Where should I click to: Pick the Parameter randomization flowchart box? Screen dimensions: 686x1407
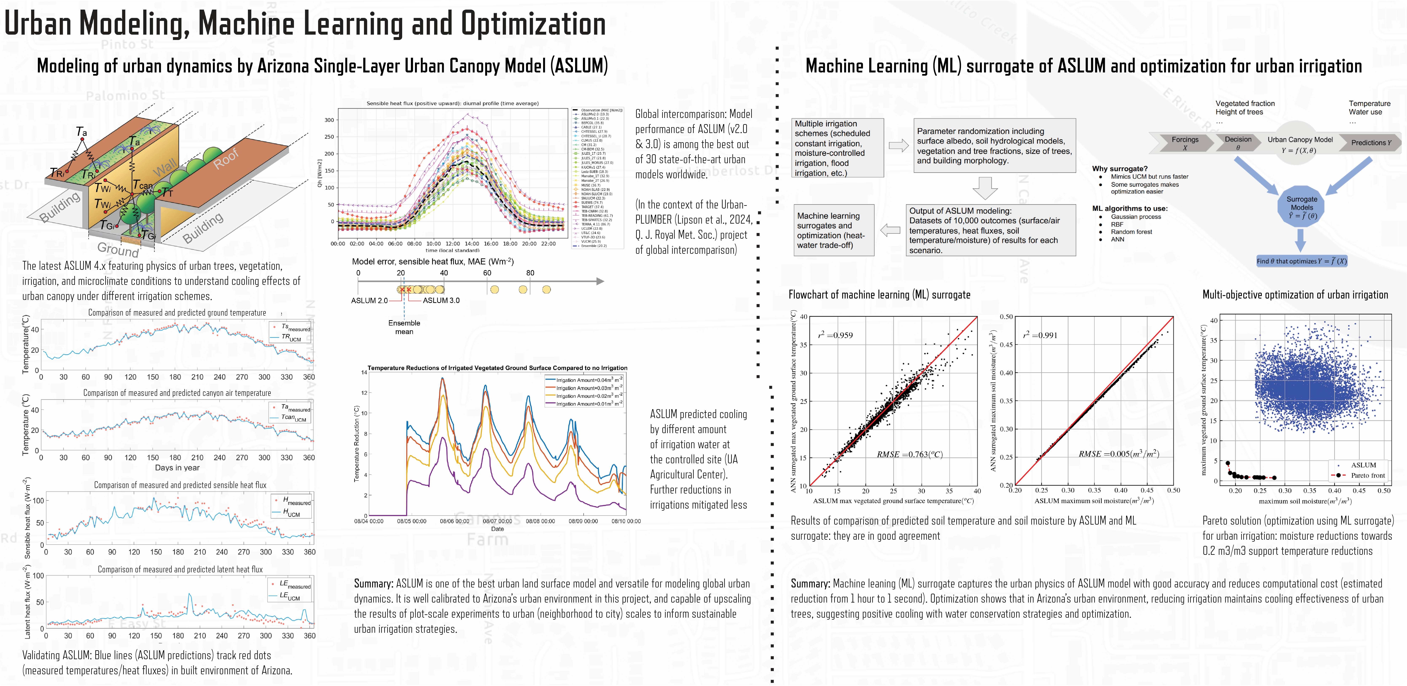(994, 146)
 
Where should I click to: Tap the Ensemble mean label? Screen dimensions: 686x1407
(404, 327)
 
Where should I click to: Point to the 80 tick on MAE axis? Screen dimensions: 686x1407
(530, 273)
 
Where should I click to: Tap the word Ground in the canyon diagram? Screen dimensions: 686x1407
(118, 249)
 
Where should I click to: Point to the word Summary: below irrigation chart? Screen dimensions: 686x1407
(374, 583)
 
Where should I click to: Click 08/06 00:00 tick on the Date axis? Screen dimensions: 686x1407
(454, 521)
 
